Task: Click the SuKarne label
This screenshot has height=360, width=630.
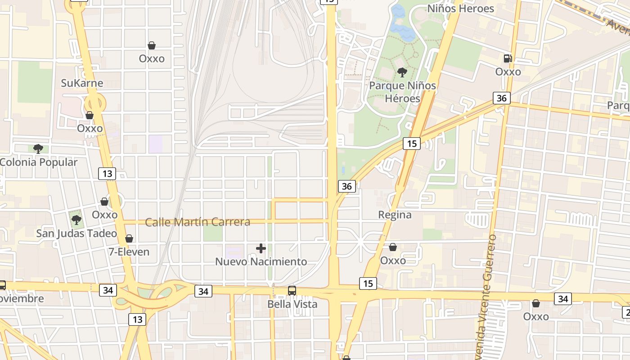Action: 82,83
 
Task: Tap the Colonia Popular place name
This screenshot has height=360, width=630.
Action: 39,162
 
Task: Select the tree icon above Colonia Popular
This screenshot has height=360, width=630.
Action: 38,148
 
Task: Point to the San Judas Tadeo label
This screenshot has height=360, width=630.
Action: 76,234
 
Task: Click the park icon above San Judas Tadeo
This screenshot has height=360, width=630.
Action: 76,220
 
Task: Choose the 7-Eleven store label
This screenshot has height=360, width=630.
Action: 129,252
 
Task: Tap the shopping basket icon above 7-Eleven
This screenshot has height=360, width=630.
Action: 129,238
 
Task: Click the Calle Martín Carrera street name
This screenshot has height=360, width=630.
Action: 198,222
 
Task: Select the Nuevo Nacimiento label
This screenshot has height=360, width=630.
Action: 261,261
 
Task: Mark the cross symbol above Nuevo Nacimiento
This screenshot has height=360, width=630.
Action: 261,248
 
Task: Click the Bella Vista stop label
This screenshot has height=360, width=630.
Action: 292,304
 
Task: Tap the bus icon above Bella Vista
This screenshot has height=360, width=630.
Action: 292,291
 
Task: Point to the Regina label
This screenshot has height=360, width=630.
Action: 395,215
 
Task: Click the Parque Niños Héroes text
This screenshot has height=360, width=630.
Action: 402,92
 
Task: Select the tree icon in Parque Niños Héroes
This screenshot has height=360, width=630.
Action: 402,72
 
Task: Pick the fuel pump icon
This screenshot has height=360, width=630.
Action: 508,58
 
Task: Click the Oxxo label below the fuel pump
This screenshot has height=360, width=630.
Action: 508,72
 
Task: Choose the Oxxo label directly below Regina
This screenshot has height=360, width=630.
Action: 393,261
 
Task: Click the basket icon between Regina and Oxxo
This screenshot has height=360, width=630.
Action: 393,247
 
